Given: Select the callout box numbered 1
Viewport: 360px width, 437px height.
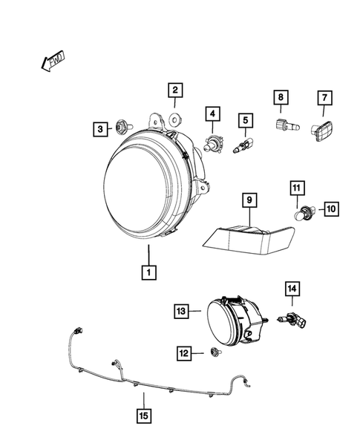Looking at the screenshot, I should pyautogui.click(x=149, y=272).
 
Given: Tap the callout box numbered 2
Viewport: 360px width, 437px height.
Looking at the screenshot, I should pyautogui.click(x=174, y=92).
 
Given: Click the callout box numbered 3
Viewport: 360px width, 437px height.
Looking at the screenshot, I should pyautogui.click(x=99, y=130).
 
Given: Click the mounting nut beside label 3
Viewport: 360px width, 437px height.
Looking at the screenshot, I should pyautogui.click(x=121, y=129).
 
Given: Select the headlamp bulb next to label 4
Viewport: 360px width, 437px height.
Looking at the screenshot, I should pyautogui.click(x=212, y=142).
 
